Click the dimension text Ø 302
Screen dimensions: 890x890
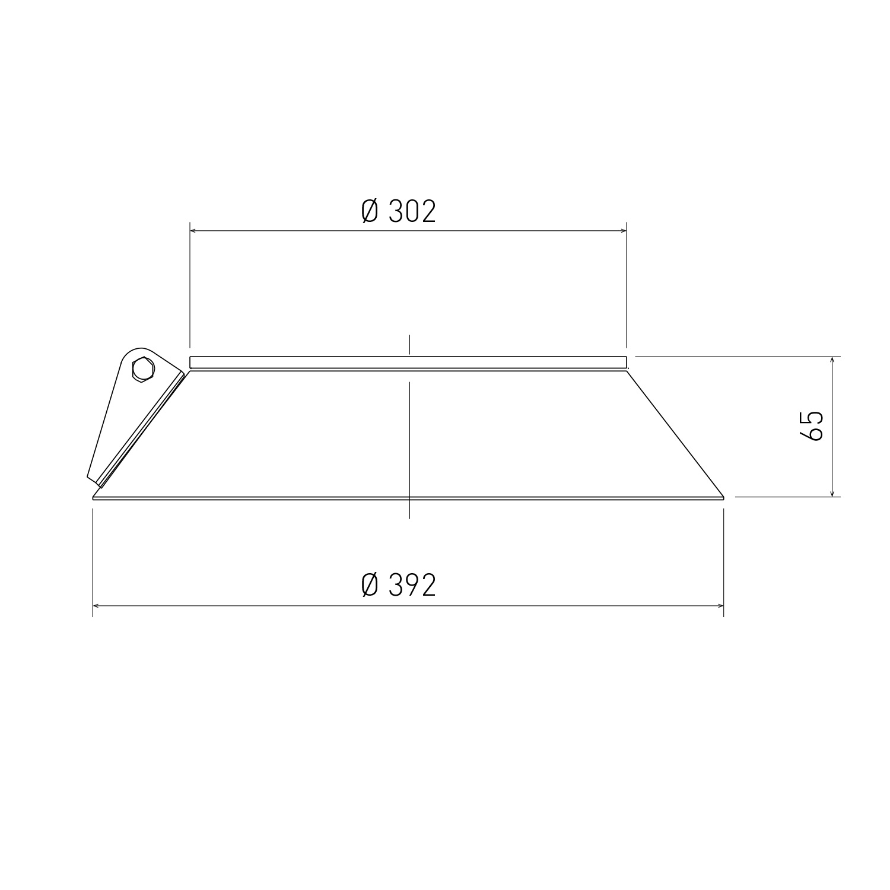point(399,211)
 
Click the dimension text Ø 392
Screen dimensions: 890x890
point(399,586)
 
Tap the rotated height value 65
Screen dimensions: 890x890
point(812,425)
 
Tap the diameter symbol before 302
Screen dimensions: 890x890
point(370,211)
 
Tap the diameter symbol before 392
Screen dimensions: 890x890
point(370,586)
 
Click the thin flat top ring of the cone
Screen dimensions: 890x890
point(408,362)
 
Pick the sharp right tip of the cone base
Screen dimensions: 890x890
point(723,497)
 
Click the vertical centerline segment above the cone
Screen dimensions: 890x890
point(409,345)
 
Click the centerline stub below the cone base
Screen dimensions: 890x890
point(409,510)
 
